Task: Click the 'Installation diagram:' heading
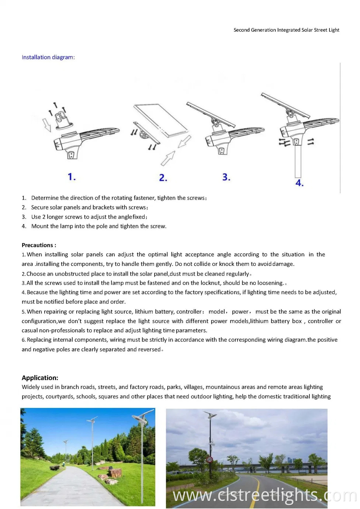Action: (x=48, y=57)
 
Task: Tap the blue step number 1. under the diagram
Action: (x=72, y=177)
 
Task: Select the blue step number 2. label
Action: (x=163, y=178)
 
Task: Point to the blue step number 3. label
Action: (x=226, y=177)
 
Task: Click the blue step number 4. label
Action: (x=299, y=183)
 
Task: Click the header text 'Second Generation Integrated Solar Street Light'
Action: (x=286, y=30)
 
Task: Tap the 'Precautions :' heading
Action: (x=39, y=245)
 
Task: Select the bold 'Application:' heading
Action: (x=40, y=378)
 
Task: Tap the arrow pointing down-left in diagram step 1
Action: (x=47, y=125)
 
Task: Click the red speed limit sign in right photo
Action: (x=210, y=460)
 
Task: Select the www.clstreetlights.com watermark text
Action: (x=264, y=495)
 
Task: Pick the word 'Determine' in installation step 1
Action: (x=45, y=198)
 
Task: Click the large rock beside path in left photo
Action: (x=115, y=473)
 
